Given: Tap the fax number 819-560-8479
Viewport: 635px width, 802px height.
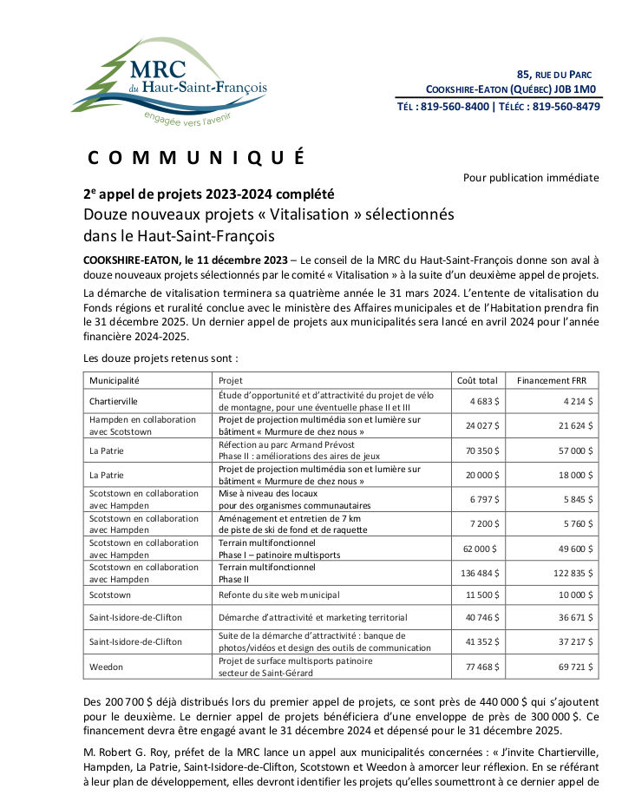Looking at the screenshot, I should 566,107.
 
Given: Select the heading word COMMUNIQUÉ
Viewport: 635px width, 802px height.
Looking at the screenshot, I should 196,158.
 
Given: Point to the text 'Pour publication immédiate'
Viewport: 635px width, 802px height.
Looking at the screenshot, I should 530,178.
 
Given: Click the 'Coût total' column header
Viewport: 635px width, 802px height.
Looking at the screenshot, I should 477,380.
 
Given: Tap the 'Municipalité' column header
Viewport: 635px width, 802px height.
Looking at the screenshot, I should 115,380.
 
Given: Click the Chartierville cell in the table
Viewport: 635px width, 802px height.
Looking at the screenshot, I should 114,401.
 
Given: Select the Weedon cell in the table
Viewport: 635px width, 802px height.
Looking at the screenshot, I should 106,667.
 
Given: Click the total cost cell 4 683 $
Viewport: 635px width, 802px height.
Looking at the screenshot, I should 483,401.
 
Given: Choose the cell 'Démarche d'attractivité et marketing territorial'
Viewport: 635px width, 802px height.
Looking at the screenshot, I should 312,617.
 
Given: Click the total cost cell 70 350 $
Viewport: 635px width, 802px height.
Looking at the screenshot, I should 481,450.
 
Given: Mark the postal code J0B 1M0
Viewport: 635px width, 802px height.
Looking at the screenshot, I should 577,89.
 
